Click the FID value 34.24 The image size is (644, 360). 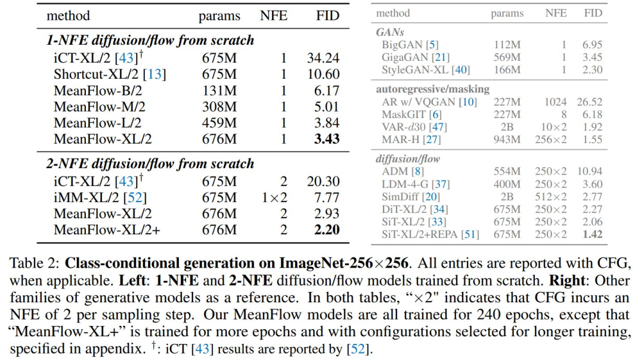point(323,58)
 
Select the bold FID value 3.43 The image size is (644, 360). point(327,139)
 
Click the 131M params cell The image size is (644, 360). point(219,91)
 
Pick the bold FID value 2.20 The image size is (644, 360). point(327,229)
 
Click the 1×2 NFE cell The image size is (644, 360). point(274,197)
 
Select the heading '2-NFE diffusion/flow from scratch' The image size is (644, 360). point(150,164)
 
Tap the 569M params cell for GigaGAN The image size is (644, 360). point(507,57)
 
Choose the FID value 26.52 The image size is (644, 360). point(589,102)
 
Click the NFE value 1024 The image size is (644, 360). point(555,102)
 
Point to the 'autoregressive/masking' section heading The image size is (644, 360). point(432,89)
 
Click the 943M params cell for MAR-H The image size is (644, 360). point(507,139)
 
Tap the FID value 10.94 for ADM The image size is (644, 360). point(589,172)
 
